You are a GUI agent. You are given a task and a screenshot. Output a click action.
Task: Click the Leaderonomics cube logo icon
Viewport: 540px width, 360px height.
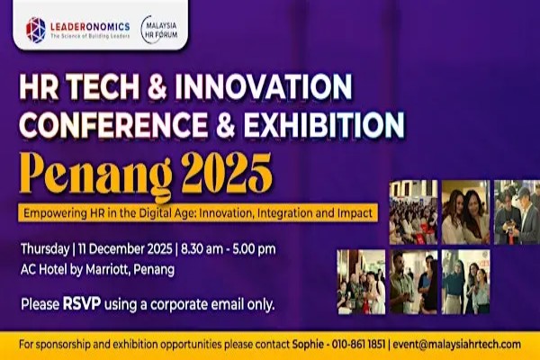click(35, 29)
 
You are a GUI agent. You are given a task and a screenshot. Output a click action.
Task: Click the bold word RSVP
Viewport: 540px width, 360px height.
click(77, 303)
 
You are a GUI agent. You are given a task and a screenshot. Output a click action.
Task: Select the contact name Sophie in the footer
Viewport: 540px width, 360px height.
click(307, 344)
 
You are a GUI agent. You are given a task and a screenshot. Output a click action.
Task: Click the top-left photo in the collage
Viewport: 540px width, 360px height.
click(411, 212)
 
